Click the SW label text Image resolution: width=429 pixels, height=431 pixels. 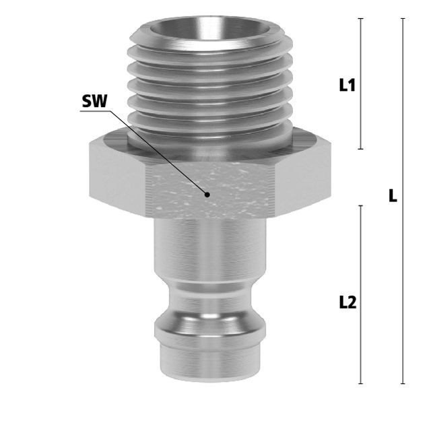94,101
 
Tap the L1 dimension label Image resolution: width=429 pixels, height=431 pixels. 348,85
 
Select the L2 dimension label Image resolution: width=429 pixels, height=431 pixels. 348,302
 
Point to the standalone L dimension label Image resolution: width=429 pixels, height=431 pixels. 393,196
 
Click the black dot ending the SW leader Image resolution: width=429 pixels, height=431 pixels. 207,195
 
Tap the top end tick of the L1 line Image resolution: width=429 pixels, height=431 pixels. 361,18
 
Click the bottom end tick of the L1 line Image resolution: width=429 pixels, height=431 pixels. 361,149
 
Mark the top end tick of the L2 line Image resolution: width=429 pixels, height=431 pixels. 361,205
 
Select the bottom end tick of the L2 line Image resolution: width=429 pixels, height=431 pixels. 361,383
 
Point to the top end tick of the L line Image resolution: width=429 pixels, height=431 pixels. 403,18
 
